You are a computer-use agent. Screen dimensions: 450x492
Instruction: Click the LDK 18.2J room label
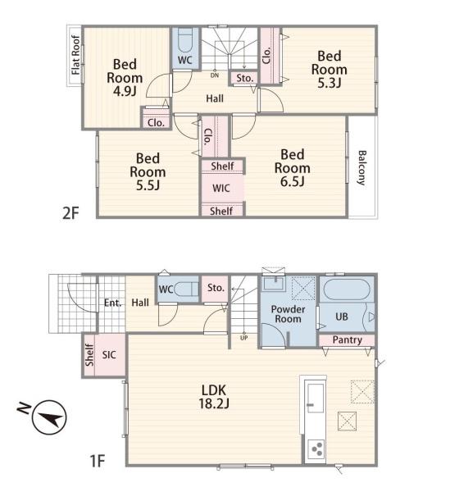[x=214, y=397]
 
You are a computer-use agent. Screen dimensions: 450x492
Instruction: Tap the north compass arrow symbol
[x=49, y=417]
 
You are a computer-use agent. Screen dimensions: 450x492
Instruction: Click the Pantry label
[x=348, y=339]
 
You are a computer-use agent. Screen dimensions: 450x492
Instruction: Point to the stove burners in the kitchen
[x=316, y=449]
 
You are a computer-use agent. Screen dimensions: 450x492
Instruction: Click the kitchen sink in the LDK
[x=315, y=398]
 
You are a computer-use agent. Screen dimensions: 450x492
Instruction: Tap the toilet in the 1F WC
[x=186, y=289]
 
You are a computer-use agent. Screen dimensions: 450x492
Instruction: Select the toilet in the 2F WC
[x=185, y=41]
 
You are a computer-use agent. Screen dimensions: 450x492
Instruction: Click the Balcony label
[x=361, y=168]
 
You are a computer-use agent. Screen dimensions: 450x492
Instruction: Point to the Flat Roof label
[x=75, y=55]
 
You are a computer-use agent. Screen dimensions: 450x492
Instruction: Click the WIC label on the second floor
[x=221, y=189]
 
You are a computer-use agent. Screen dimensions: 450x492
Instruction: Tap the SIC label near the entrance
[x=109, y=355]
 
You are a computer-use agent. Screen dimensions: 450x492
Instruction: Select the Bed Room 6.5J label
[x=293, y=168]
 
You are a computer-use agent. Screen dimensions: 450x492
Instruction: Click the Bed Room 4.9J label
[x=125, y=78]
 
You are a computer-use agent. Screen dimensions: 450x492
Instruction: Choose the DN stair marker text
[x=215, y=75]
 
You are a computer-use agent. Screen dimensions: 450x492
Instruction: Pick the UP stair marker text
[x=243, y=338]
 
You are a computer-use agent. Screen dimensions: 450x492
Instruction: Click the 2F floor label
[x=70, y=213]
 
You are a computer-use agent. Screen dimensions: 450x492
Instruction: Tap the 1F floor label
[x=98, y=461]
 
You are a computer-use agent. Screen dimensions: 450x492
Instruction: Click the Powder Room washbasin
[x=274, y=284]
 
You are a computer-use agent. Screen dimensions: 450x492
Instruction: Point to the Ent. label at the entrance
[x=112, y=303]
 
